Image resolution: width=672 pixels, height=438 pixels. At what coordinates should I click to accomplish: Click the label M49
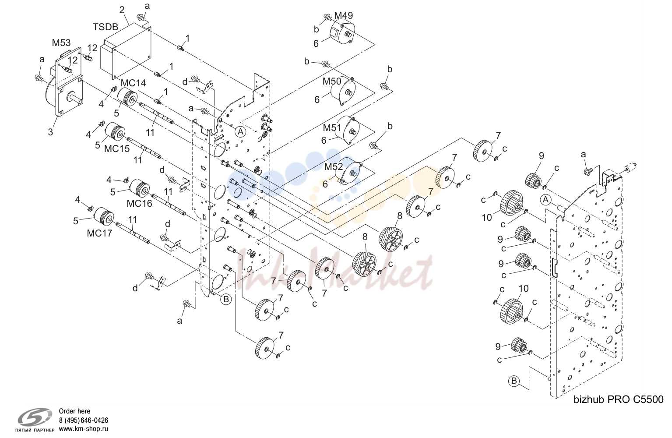click(344, 15)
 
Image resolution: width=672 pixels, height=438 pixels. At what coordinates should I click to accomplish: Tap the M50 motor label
click(332, 81)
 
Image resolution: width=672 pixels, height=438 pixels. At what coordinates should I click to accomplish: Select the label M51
click(332, 128)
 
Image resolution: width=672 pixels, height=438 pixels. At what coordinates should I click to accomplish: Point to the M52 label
click(334, 167)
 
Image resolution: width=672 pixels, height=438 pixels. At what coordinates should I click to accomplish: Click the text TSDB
click(106, 27)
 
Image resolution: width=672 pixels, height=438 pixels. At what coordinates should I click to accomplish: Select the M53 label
click(61, 42)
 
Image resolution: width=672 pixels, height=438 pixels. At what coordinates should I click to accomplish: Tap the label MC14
click(133, 83)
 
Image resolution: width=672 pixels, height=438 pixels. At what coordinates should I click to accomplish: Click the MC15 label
click(117, 148)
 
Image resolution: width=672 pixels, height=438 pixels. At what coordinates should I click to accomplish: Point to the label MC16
click(139, 204)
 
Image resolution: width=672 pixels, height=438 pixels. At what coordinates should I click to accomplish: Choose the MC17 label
click(100, 233)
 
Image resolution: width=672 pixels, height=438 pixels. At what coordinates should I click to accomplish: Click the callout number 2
click(122, 10)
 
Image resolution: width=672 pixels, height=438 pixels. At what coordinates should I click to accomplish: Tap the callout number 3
click(50, 132)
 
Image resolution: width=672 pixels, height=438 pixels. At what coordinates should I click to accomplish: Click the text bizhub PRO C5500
click(618, 399)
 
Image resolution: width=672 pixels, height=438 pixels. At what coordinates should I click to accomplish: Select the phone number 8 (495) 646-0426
click(84, 420)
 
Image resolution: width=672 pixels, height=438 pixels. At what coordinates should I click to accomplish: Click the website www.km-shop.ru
click(84, 429)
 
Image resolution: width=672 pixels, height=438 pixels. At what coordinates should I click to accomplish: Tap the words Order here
click(74, 411)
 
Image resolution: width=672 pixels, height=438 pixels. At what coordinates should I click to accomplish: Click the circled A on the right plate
click(546, 200)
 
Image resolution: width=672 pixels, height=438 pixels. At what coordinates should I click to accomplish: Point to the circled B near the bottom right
click(514, 381)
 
